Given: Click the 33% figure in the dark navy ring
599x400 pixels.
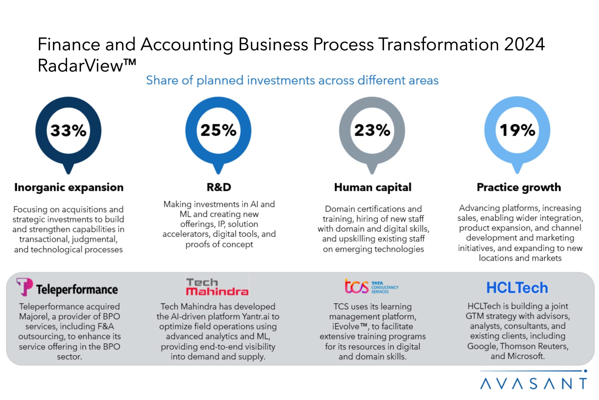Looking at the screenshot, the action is (68, 130).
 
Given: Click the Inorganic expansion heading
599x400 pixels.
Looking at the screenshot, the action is (69, 187).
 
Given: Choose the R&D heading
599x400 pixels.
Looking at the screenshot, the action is (219, 187).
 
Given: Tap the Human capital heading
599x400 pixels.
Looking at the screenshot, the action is (373, 187).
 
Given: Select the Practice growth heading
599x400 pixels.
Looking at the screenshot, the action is (519, 187).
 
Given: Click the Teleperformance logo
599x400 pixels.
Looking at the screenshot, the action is (67, 287).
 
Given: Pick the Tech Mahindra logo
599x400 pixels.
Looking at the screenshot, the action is (217, 287).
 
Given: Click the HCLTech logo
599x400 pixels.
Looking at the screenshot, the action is (517, 288).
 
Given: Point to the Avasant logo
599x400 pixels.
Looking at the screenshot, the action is (534, 380).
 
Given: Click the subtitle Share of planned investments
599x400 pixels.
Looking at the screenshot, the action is (292, 81).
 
